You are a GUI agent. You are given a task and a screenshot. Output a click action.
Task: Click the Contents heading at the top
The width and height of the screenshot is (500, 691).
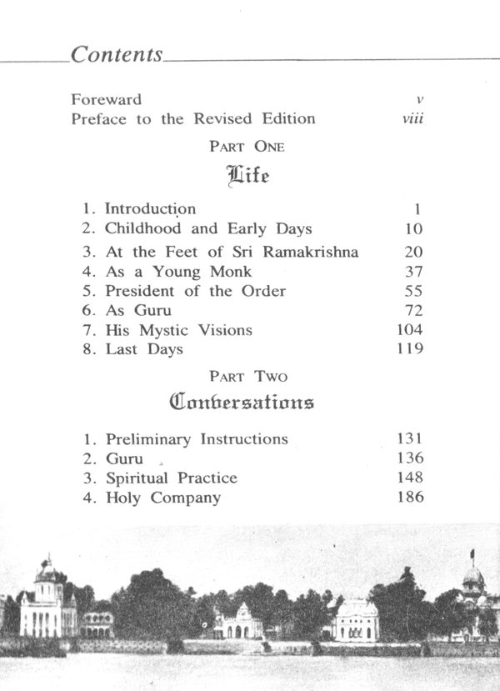point(117,55)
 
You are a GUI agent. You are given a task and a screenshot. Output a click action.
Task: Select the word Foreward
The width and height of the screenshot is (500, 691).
point(106,99)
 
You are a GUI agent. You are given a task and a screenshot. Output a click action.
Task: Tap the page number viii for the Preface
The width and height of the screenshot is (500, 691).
point(412,118)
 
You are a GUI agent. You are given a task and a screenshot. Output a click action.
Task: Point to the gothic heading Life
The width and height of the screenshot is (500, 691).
point(247,177)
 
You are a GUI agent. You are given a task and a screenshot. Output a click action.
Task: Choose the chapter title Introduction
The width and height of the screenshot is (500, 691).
point(150,209)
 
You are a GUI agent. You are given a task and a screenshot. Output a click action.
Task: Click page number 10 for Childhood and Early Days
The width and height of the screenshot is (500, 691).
point(414,229)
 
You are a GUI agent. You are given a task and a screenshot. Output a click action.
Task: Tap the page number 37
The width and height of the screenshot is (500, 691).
point(414,272)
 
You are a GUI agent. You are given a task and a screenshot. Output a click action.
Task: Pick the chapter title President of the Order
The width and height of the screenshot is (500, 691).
point(195,291)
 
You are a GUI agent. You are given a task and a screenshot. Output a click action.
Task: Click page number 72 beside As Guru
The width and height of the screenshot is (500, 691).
point(414,310)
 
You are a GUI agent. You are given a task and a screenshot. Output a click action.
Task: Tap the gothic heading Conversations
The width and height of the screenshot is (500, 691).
point(242,403)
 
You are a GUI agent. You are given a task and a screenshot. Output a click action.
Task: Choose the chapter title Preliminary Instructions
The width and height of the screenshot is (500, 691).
point(197,438)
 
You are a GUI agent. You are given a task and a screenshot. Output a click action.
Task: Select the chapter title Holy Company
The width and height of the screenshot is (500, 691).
point(163,498)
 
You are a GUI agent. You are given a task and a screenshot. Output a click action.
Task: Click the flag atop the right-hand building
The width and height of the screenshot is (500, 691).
point(472,553)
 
